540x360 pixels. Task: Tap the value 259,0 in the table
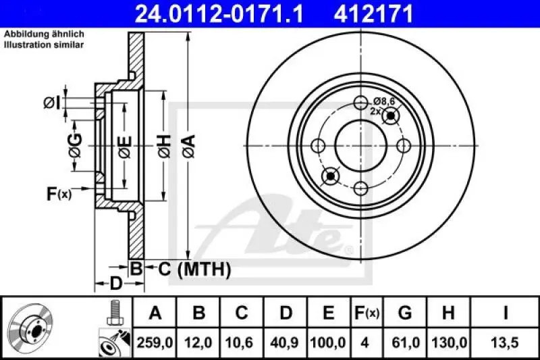(155, 342)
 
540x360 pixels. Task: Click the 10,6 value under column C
(242, 342)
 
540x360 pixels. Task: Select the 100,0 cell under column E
(329, 342)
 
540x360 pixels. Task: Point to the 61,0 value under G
(405, 342)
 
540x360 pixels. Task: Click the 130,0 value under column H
(448, 342)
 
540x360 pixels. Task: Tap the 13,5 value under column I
(506, 342)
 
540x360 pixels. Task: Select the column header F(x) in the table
(367, 313)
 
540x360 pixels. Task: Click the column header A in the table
(155, 313)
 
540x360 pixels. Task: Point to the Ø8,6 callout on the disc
(383, 101)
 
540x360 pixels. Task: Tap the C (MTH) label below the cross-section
(194, 270)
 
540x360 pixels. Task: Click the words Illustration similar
(45, 45)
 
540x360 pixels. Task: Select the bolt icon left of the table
(115, 311)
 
